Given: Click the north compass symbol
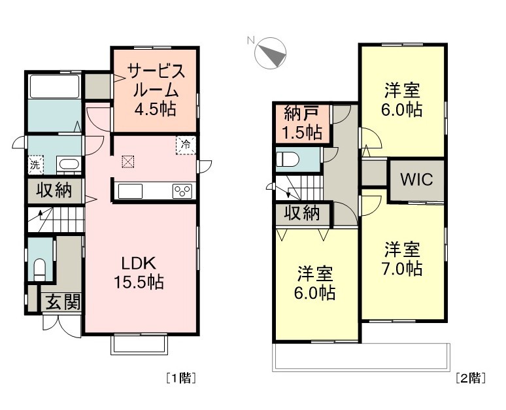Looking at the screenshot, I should pos(271,53).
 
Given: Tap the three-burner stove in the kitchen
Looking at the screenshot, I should pos(182,191).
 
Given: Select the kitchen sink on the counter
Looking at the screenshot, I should pos(129,191).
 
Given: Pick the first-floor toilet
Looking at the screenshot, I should pos(39,268).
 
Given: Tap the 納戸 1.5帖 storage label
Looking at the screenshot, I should pos(303,123).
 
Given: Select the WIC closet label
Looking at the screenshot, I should pos(416,180).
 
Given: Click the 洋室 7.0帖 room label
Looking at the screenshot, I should pos(402,258).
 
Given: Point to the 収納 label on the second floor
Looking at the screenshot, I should pos(301,213).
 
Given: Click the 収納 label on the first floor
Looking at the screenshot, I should pos(54,191).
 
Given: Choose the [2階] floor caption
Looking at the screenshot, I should pos(470,377).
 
